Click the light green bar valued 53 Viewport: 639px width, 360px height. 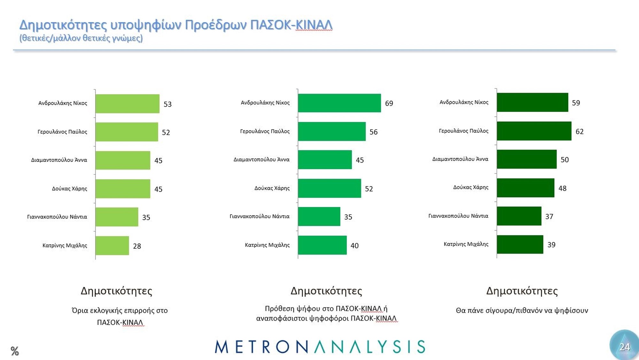click(127, 104)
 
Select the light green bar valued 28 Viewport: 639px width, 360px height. click(112, 246)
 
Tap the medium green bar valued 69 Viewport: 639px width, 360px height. click(339, 103)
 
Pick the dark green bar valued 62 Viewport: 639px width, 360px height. click(534, 131)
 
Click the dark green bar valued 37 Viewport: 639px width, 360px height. click(519, 216)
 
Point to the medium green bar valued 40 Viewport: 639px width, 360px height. click(322, 245)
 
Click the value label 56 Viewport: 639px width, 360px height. click(373, 132)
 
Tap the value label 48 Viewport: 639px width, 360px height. click(562, 188)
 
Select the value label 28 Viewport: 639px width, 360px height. click(137, 246)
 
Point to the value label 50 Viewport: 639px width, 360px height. click(565, 160)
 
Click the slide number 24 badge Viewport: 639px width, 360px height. click(624, 347)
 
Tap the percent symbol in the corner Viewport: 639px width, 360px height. click(15, 351)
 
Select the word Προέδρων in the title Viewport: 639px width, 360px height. click(216, 25)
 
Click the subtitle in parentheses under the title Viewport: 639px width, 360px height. click(81, 38)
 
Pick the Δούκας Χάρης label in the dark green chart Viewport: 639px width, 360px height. click(471, 188)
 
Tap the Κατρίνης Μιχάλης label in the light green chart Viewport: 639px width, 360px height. click(65, 246)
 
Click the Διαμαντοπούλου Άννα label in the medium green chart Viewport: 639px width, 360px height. click(261, 160)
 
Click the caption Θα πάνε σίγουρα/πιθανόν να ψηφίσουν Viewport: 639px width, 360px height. click(522, 310)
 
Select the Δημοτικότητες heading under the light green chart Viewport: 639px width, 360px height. click(116, 291)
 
